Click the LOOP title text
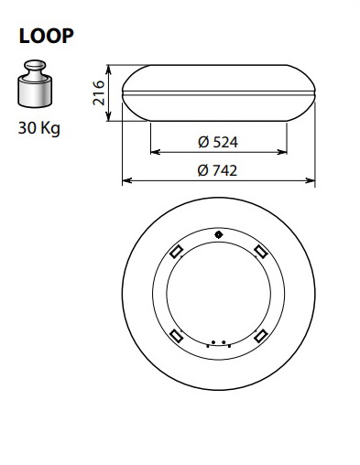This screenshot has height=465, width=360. (46, 36)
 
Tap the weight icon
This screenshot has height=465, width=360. (35, 83)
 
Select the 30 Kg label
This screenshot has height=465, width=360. (39, 128)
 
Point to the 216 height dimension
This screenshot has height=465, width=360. (99, 92)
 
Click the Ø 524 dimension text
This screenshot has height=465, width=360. (218, 142)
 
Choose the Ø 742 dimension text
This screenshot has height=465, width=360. (217, 170)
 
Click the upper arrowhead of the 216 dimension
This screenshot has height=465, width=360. (108, 70)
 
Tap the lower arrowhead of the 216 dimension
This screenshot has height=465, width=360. (108, 116)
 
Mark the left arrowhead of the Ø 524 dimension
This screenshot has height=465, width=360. (156, 152)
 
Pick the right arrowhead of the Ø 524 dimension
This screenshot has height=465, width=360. (282, 152)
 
